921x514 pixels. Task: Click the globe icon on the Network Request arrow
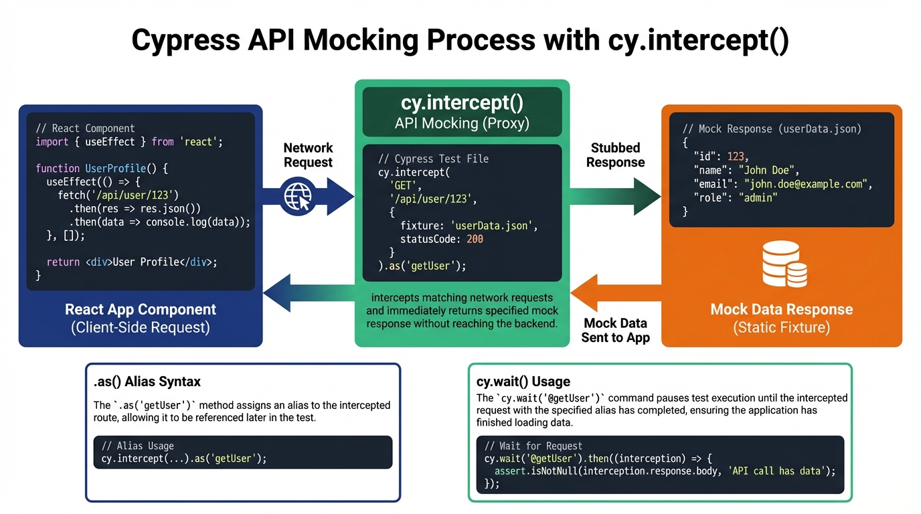click(x=299, y=196)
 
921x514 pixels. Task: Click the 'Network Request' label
click(x=308, y=155)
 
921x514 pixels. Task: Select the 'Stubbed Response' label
click(x=615, y=155)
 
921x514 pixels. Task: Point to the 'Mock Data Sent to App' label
click(x=615, y=331)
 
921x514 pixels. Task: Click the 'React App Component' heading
click(x=141, y=309)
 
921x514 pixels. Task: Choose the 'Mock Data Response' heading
click(x=781, y=309)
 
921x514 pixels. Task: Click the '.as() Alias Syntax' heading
click(x=147, y=382)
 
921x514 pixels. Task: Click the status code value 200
click(x=474, y=239)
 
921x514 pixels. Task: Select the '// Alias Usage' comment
click(x=137, y=446)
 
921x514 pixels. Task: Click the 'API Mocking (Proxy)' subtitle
click(x=462, y=123)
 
